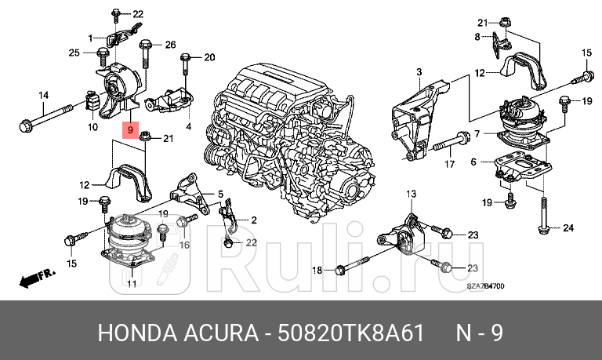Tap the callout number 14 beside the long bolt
[44, 96]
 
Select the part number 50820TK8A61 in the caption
[352, 333]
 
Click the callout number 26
[170, 44]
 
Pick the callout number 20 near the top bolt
[209, 57]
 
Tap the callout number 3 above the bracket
[419, 72]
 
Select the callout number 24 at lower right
[568, 229]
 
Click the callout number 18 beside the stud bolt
[317, 270]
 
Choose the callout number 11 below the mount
[132, 283]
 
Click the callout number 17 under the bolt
[449, 164]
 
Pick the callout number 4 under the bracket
[188, 125]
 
